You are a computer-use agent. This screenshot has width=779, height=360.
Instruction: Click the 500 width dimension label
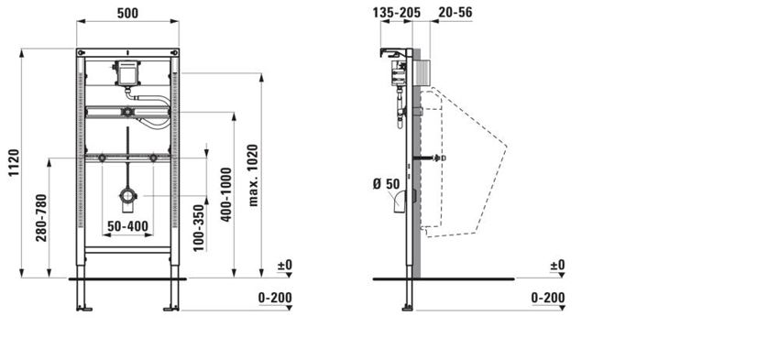(127, 13)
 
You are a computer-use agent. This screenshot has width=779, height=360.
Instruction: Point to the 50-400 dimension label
(126, 224)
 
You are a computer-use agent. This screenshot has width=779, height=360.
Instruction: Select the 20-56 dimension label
(455, 13)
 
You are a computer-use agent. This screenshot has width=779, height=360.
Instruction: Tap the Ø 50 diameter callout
(385, 184)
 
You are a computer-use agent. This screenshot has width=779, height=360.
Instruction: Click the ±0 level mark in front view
(284, 266)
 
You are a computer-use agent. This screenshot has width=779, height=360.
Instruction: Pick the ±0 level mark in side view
(557, 266)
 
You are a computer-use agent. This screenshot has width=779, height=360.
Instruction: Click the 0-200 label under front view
(275, 298)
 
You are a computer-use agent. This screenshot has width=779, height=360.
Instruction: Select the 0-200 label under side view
(548, 298)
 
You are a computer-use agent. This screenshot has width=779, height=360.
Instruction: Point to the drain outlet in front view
(127, 195)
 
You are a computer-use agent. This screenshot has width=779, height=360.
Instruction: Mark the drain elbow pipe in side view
(400, 201)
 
